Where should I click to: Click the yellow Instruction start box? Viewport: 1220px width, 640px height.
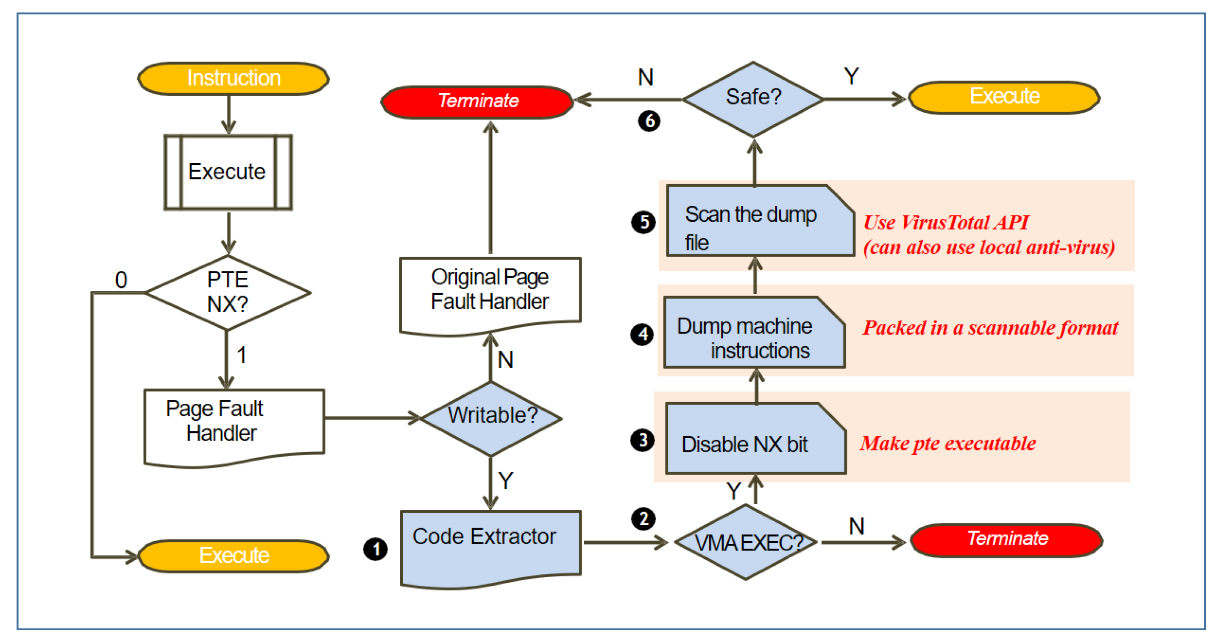click(233, 78)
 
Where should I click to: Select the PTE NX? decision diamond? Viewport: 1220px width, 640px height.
click(228, 292)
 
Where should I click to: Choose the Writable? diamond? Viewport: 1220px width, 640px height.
click(491, 417)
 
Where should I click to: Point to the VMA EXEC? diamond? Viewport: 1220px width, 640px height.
click(746, 542)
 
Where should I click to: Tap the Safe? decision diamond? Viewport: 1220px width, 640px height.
click(753, 98)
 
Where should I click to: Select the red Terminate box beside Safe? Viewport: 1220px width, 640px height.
click(477, 101)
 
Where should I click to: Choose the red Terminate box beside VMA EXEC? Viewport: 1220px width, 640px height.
click(1006, 539)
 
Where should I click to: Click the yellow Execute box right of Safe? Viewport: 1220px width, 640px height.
click(1004, 97)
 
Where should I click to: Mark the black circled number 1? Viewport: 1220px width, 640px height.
click(376, 549)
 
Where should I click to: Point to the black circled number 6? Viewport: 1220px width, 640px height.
click(649, 121)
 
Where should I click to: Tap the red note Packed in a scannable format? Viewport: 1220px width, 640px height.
click(990, 328)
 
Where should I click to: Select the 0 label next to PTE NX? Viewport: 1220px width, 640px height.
click(121, 279)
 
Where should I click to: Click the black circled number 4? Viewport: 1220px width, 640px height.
click(642, 335)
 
